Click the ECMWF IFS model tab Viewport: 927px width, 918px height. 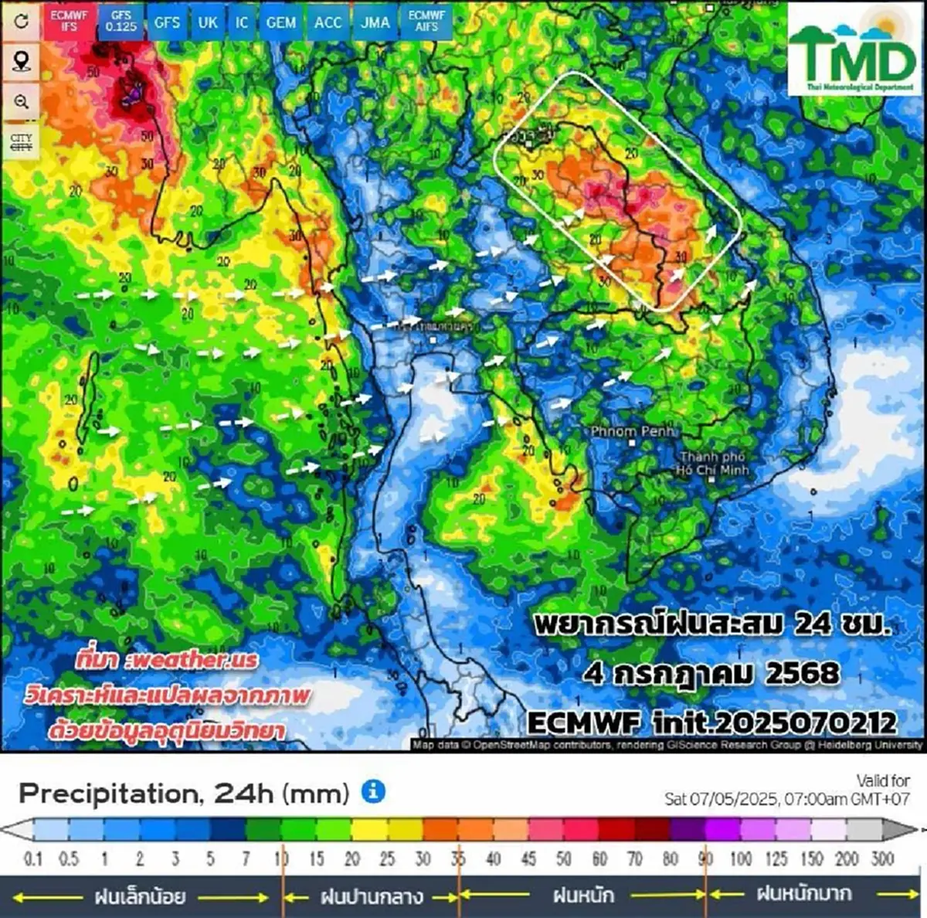pyautogui.click(x=70, y=21)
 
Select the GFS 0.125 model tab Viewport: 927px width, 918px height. pyautogui.click(x=121, y=21)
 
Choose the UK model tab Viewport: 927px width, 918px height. pyautogui.click(x=208, y=22)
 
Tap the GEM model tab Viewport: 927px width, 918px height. pyautogui.click(x=280, y=22)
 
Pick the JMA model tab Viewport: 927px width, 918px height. pyautogui.click(x=375, y=22)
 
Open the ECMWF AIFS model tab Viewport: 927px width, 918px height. pyautogui.click(x=426, y=21)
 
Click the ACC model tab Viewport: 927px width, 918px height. pyautogui.click(x=328, y=22)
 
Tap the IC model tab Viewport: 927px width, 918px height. pyautogui.click(x=243, y=22)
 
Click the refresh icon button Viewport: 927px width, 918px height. pyautogui.click(x=21, y=21)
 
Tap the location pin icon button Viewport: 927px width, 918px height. pyautogui.click(x=21, y=61)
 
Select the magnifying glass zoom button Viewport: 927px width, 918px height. pyautogui.click(x=21, y=102)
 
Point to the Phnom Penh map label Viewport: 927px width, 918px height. pyautogui.click(x=632, y=431)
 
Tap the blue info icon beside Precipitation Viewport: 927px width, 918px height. pyautogui.click(x=373, y=791)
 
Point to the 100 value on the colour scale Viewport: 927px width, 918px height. pyautogui.click(x=740, y=858)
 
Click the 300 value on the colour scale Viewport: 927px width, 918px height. pyautogui.click(x=882, y=858)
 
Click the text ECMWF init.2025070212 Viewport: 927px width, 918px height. pyautogui.click(x=712, y=722)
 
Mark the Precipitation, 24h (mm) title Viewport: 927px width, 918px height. pyautogui.click(x=184, y=793)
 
